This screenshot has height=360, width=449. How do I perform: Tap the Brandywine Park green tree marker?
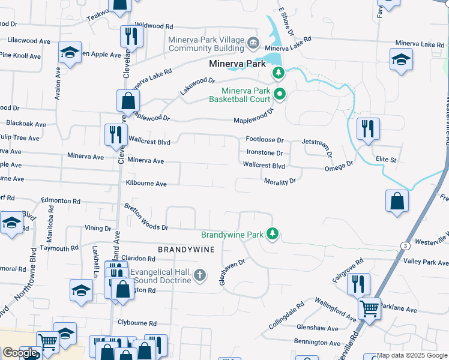point(273,233)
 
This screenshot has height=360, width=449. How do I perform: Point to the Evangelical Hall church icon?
point(199,276)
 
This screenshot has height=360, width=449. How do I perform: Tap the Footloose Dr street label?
point(264,140)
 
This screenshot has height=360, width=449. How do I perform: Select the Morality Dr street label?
point(280,181)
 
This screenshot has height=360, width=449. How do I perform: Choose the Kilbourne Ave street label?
point(146,184)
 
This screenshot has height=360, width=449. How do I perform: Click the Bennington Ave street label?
point(318,341)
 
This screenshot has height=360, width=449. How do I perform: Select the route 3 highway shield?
point(405,245)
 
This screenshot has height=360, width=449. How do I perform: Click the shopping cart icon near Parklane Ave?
point(369,309)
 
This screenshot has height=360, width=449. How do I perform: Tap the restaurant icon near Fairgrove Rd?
point(358,283)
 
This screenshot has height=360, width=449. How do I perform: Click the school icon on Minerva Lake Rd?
point(400,60)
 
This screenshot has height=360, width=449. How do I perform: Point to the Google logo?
point(20,353)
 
